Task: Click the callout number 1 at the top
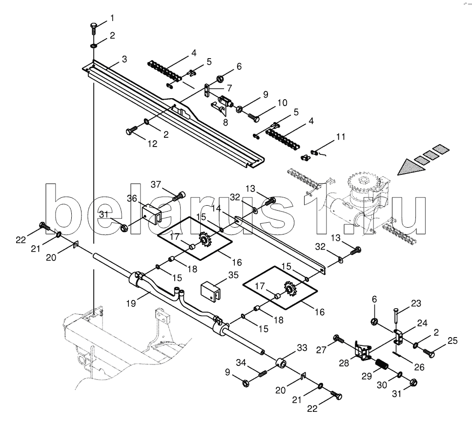click(x=112, y=19)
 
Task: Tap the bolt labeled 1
click(x=93, y=29)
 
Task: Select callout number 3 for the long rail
click(x=124, y=59)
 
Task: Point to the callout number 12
click(x=153, y=144)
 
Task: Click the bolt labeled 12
click(x=131, y=130)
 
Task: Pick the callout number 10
click(x=282, y=103)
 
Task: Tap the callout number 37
click(x=156, y=184)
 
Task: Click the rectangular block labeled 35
click(x=211, y=292)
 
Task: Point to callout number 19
click(x=131, y=303)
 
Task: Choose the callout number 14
click(x=216, y=208)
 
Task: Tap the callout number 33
click(x=302, y=348)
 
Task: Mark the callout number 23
click(x=416, y=303)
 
